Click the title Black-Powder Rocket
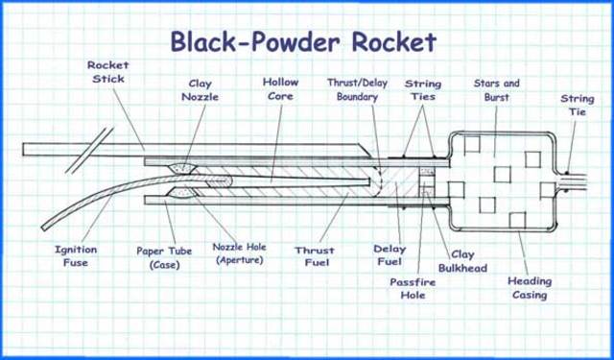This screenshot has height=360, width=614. tap(303, 41)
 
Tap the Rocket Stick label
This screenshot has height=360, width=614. tap(107, 72)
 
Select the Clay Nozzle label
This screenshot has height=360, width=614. tap(201, 89)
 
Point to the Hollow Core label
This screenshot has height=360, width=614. tap(280, 89)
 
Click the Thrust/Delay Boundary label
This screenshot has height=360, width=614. tap(358, 89)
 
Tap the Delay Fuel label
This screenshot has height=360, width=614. tap(389, 255)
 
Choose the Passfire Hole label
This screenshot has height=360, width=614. tap(413, 289)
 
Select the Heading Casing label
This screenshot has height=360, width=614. tap(530, 288)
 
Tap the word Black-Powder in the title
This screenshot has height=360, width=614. tap(251, 41)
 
